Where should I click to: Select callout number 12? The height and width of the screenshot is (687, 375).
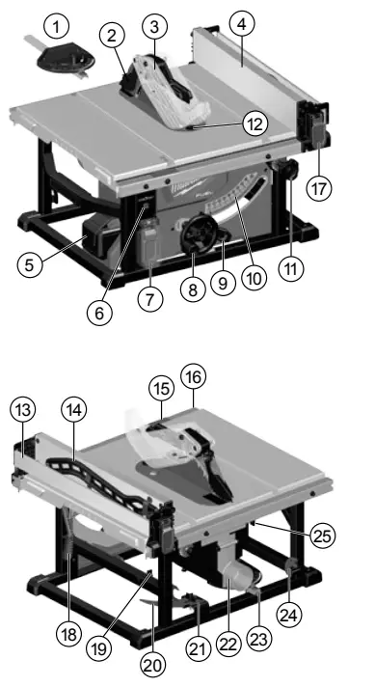click(253, 124)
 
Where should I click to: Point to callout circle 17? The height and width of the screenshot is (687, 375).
click(320, 188)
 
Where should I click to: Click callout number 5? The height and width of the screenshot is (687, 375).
click(33, 263)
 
